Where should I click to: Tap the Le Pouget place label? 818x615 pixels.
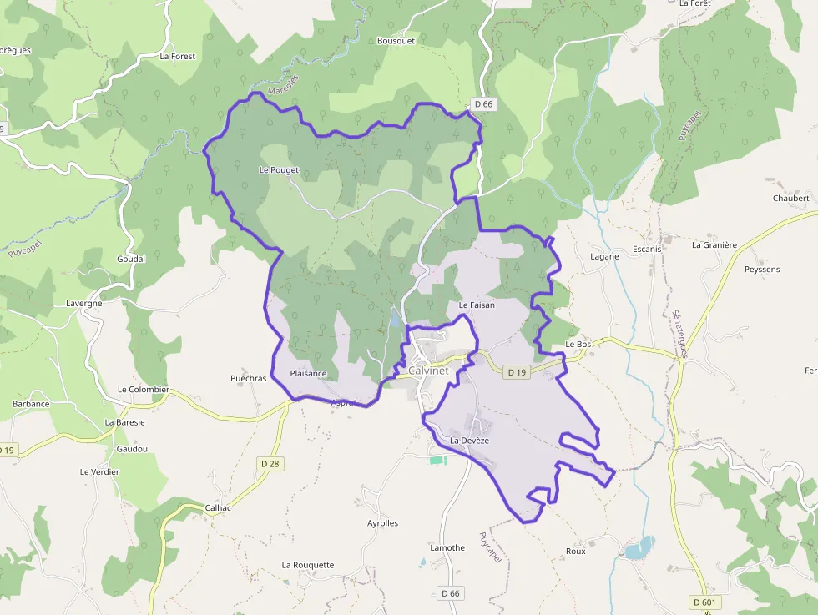(279, 170)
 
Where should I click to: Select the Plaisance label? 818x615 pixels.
(308, 373)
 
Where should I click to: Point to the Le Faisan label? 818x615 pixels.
(477, 305)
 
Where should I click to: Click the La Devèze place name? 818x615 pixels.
(469, 440)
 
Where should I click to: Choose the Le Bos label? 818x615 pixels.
(578, 344)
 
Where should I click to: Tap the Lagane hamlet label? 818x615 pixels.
(605, 256)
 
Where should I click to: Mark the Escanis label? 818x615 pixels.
(647, 249)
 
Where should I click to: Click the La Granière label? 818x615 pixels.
(714, 244)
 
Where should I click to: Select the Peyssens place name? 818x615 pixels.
(762, 270)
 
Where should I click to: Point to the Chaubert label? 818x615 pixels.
(790, 198)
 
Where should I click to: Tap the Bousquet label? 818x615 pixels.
(396, 40)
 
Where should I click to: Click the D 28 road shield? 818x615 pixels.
(270, 463)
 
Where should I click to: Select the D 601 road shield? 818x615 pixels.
(706, 602)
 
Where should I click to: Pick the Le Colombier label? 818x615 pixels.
(144, 389)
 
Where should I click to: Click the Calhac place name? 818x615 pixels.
(218, 507)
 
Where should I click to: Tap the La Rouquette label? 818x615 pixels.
(307, 565)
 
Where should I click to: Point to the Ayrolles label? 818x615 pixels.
(383, 523)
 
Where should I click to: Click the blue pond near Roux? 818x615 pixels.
(638, 548)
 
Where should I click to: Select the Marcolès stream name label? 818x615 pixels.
(282, 85)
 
